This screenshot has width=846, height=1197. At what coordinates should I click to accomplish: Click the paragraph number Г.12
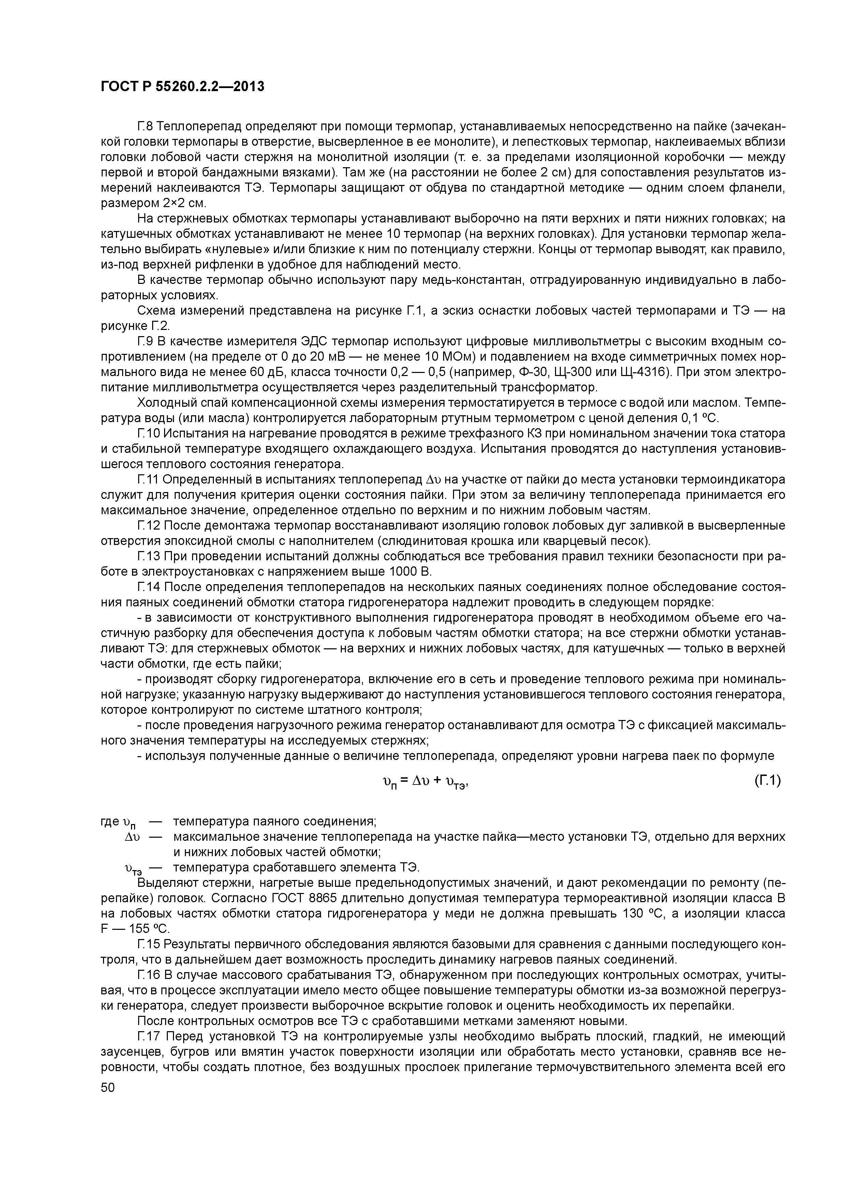148,525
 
